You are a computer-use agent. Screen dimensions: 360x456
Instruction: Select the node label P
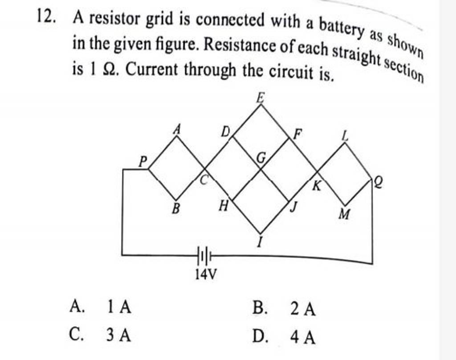pos(142,161)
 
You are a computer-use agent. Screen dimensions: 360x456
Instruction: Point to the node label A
pos(177,129)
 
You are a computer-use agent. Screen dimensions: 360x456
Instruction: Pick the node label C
pos(204,180)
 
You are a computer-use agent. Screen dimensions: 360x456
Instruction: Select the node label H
pos(224,205)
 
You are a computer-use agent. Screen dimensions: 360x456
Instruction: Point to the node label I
pos(261,242)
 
